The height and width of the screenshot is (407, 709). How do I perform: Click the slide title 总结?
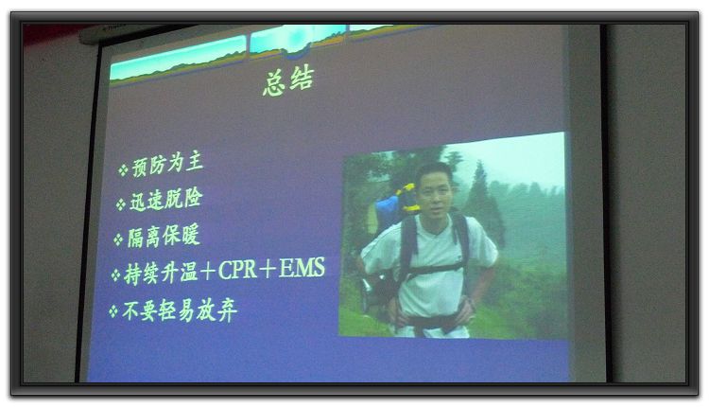coord(288,81)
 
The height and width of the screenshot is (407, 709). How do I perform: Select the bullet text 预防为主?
coord(167,165)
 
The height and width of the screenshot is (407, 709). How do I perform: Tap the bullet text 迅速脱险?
coord(166,200)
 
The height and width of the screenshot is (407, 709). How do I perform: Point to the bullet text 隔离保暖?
coord(164,236)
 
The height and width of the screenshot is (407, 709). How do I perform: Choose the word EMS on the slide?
coord(302,267)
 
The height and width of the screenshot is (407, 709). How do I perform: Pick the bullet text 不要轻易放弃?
coord(180,311)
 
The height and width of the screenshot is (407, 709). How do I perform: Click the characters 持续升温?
coord(161,274)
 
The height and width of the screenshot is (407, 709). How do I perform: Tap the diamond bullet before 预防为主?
coord(123,170)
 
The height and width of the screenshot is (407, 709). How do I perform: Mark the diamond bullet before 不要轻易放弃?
coord(113,311)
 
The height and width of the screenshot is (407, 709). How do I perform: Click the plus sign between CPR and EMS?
coord(268,269)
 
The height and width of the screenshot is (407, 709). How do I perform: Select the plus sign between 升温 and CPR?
coord(208,272)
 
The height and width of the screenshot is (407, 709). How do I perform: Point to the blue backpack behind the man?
coord(387,214)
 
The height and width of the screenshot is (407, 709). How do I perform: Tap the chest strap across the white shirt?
coord(435,270)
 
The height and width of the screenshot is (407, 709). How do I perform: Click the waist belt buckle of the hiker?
coord(431,323)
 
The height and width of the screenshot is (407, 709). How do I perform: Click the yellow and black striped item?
coord(408,198)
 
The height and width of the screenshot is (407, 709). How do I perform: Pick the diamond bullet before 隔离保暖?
coord(118,239)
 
